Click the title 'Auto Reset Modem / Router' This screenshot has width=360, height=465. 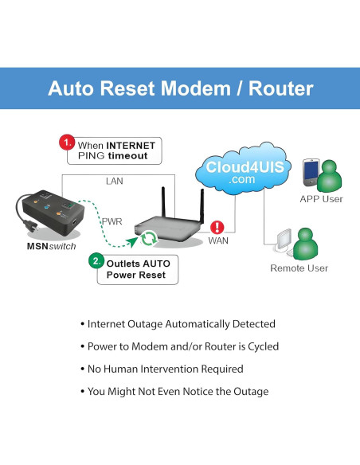pos(180,88)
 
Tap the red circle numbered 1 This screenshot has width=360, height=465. pos(68,143)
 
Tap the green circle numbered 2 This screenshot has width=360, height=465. pos(95,260)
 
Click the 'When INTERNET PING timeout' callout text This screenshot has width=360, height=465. pos(118,150)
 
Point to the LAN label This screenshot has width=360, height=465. pos(115,182)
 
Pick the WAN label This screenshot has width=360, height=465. pos(218,240)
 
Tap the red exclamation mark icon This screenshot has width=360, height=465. pos(217,226)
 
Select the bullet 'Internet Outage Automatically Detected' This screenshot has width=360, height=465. pos(178,324)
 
